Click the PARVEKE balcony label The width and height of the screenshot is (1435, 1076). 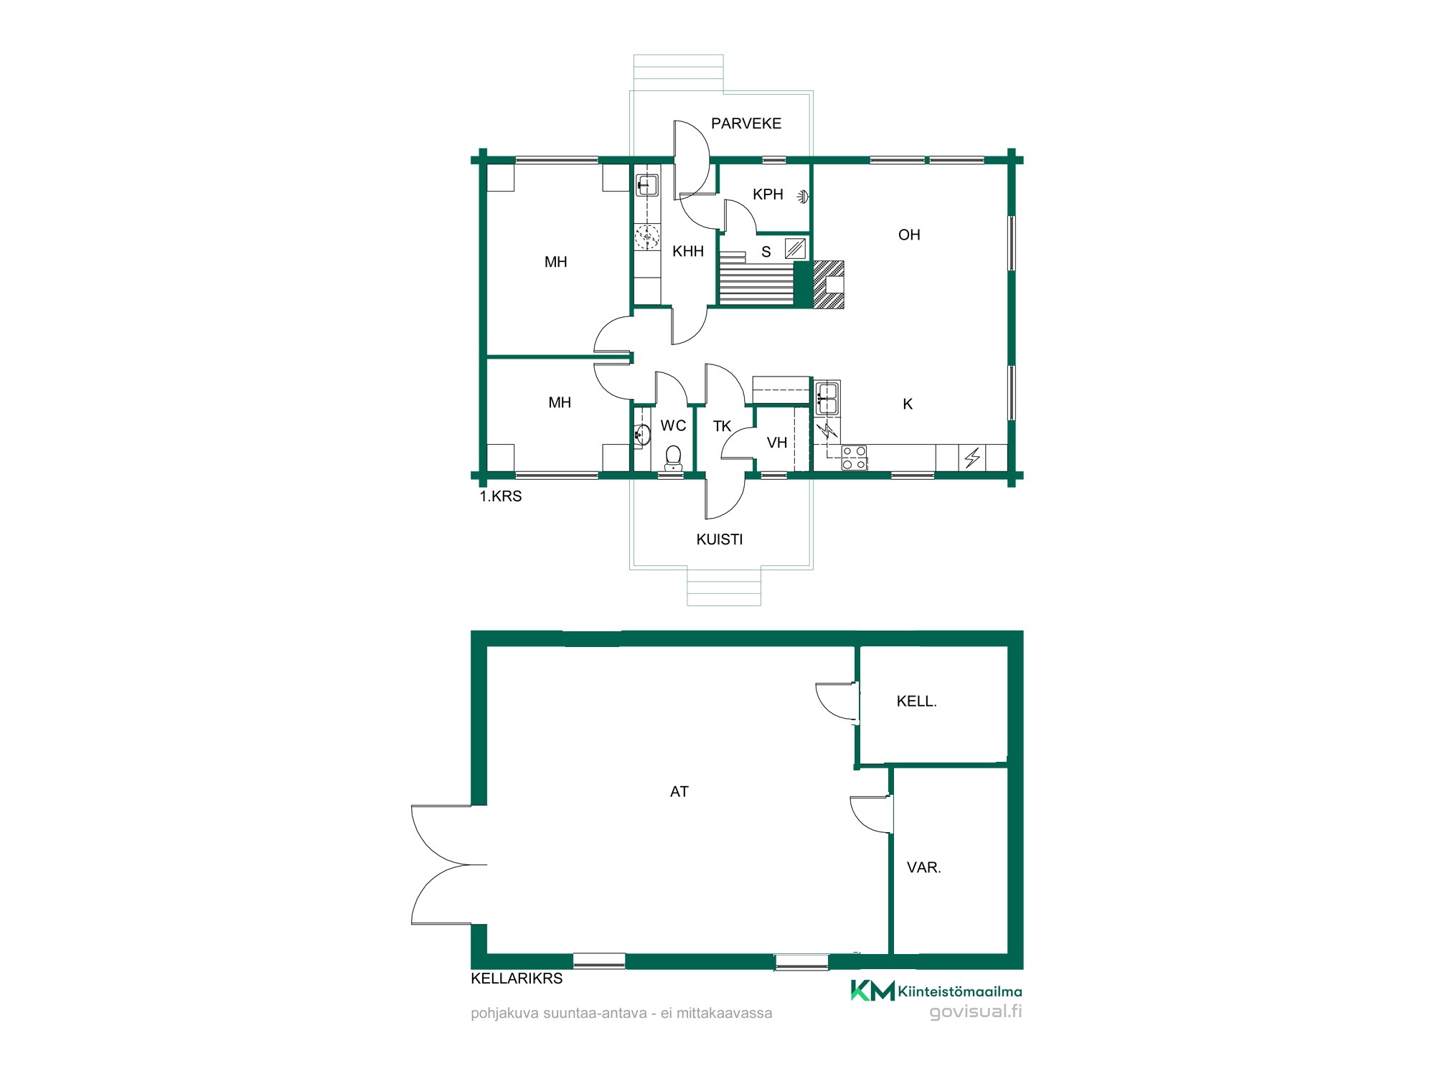coord(746,123)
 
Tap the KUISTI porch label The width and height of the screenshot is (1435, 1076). coord(720,539)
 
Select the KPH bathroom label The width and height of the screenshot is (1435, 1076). coord(768,194)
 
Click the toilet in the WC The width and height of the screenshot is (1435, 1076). coord(673,458)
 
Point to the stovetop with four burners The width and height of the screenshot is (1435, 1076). coord(854,458)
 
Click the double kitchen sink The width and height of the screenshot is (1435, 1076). coord(827,398)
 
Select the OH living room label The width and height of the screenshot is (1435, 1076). coord(909,235)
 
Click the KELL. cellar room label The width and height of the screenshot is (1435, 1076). coord(917,702)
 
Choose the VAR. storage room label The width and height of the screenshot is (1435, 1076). coord(924,867)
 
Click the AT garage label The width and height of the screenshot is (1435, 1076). coord(679,792)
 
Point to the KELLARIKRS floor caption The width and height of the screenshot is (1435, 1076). coord(517,978)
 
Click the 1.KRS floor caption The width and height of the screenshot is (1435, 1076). coord(501,496)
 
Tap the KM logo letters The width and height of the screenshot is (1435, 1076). coord(872,990)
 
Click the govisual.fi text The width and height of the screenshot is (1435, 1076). coord(976,1011)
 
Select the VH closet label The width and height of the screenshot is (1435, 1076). coord(777,443)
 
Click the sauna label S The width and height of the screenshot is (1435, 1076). coord(766,252)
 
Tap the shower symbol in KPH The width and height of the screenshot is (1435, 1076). coord(804,195)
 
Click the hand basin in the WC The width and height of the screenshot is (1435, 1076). coord(643,434)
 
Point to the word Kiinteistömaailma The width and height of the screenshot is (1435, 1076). coord(960,992)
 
